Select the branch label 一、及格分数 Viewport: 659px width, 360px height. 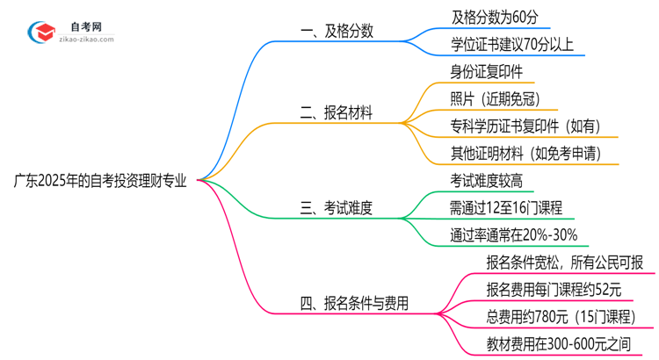337,31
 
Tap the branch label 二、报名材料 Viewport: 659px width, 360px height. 336,112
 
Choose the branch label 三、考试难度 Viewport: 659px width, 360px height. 337,208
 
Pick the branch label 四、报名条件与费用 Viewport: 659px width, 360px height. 354,305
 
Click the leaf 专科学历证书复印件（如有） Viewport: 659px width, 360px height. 525,126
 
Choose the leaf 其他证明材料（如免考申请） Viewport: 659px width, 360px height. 525,154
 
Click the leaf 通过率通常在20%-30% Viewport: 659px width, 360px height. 513,235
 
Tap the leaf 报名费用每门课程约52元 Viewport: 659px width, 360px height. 554,290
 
